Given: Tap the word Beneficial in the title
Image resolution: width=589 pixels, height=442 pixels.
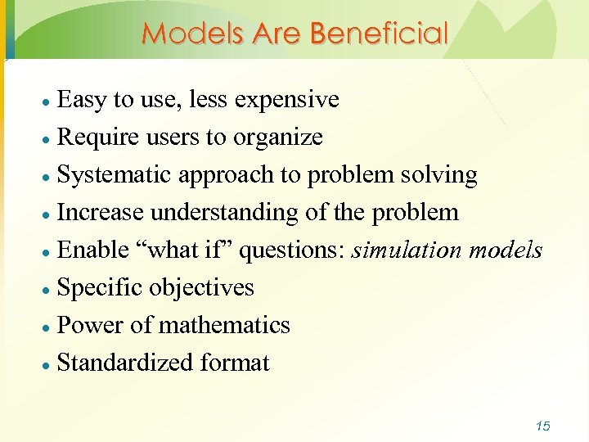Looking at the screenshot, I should click(381, 34).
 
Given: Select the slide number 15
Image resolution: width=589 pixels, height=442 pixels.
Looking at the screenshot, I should click(542, 426).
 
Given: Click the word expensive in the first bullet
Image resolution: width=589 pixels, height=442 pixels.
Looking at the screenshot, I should click(286, 100).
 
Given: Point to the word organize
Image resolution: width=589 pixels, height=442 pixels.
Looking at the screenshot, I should click(278, 138).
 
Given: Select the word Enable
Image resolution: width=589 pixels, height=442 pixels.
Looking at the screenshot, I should click(93, 250).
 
